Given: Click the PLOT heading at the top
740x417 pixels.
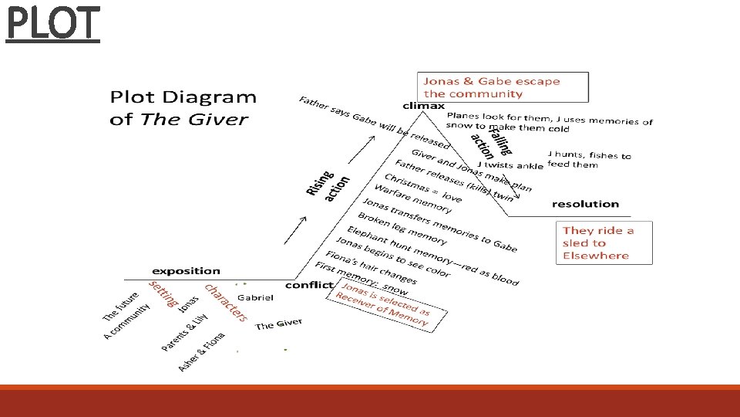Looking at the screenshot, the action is pos(53,24).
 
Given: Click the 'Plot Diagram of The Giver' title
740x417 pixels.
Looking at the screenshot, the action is pos(183,108).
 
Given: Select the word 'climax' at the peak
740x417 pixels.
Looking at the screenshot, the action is pos(424,106).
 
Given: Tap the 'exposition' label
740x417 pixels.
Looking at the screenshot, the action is pos(186,271).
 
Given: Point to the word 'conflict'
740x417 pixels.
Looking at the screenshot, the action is pos(310,285).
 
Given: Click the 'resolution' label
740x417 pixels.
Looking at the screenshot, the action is pos(585,204).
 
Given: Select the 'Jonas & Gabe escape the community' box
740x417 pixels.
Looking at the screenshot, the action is pos(503,87).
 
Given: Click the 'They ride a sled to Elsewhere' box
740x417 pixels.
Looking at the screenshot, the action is pos(604,242).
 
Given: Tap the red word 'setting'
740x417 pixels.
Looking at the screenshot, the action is pos(163,293).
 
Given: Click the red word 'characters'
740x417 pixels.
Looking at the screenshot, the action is pos(226,303).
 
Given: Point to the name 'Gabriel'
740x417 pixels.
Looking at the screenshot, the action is pos(255,297).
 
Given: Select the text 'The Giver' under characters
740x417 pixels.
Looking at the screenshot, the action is pos(278,324).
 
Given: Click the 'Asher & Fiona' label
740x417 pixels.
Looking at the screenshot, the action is pos(201,352).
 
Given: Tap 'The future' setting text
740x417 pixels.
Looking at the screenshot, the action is pos(121,307).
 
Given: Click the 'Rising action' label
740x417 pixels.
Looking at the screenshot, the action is pos(328,186).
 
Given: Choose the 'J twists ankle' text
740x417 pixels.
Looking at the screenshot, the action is pos(510,165).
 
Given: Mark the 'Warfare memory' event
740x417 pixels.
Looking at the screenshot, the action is pos(413,198).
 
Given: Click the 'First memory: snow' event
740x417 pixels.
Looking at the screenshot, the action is pos(361,279).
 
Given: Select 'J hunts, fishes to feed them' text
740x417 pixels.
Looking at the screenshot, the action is pos(590,160).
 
